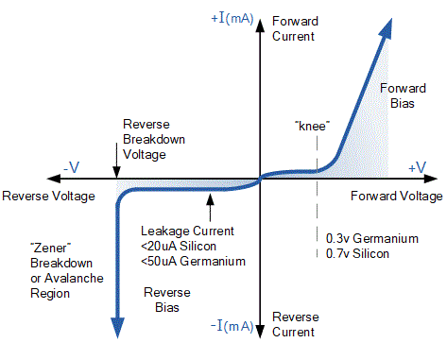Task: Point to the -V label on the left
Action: click(71, 166)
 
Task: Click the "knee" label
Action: click(311, 125)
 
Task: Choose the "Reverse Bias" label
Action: click(166, 300)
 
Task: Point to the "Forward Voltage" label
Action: click(395, 197)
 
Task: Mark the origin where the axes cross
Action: click(260, 178)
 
